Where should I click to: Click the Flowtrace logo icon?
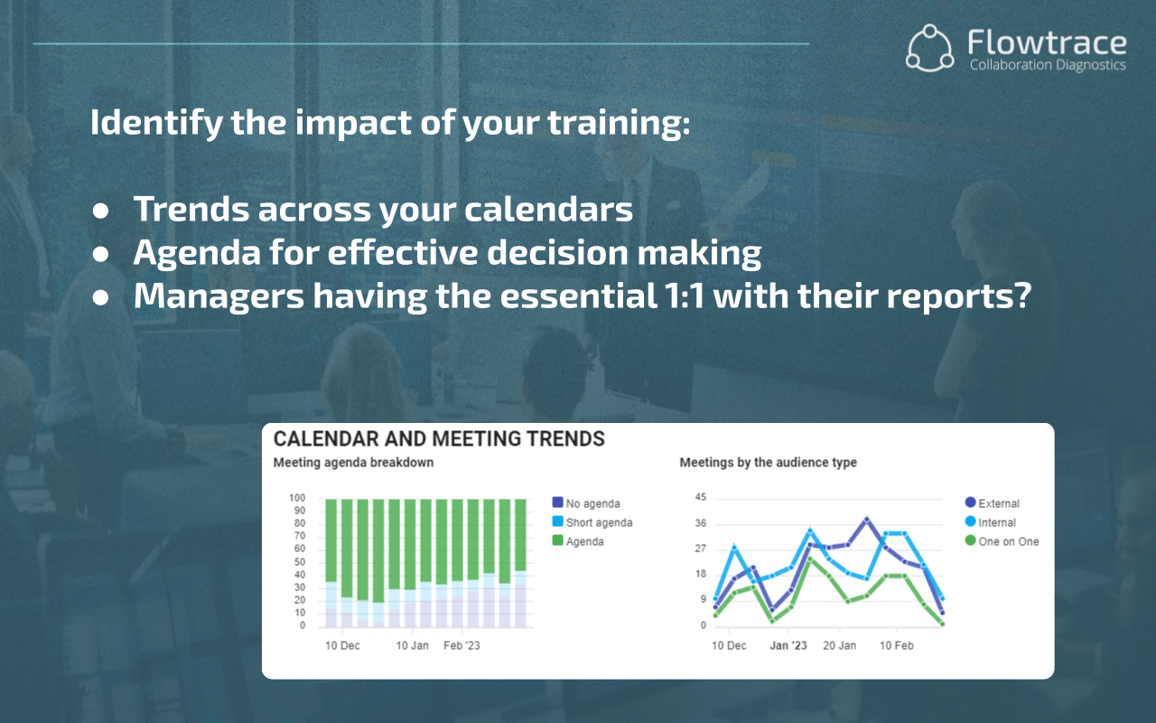coord(930,48)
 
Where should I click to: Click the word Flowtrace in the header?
coord(1046,42)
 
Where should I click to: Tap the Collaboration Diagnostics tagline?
coord(1047,65)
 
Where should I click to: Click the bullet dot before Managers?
coord(101,298)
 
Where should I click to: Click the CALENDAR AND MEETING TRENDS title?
coord(439,439)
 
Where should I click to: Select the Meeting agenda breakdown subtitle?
coord(353,463)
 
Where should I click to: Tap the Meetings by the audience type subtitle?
coord(768,463)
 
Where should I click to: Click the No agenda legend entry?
coord(592,503)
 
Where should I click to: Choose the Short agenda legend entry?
coord(599,522)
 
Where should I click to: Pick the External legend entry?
coord(998,503)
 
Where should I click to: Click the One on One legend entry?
coord(1008,541)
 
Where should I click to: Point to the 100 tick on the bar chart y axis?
coord(297,498)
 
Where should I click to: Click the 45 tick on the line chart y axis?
coord(701,498)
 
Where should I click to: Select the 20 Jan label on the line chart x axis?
coord(840,646)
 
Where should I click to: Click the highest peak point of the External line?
coord(866,520)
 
